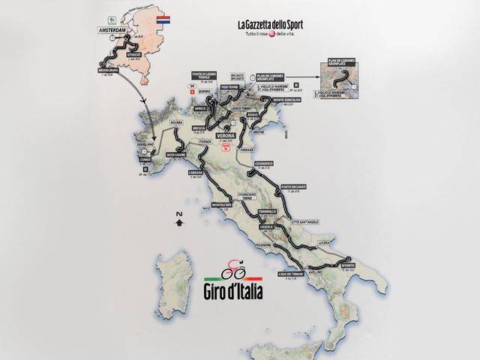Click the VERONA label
click(226, 136)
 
